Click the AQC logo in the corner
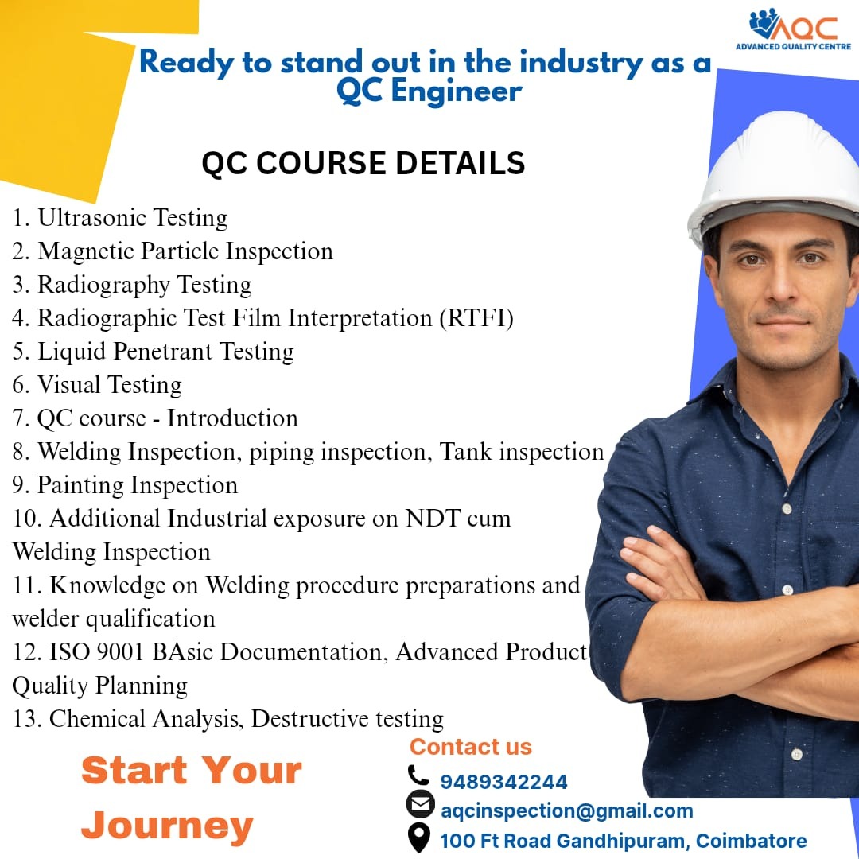793,29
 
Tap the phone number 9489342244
503,782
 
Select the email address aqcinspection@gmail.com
567,810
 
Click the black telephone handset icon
418,775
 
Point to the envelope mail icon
420,804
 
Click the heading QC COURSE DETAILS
363,163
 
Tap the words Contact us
471,747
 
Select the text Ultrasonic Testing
133,218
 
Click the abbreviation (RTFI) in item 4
476,318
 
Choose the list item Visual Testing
110,385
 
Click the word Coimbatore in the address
752,841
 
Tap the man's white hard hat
774,175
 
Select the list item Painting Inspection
138,485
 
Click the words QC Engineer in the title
429,91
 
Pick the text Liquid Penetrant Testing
165,352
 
